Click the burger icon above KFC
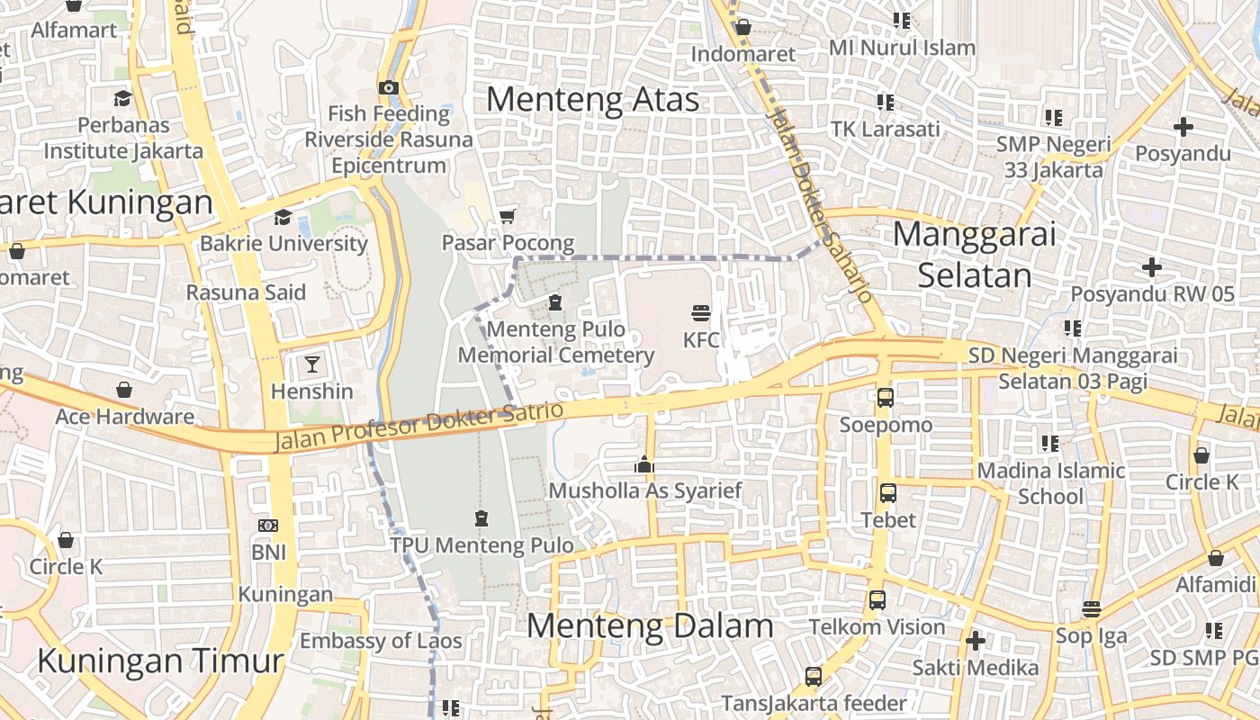pos(701,313)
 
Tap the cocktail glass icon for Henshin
pos(312,364)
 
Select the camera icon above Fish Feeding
pos(388,87)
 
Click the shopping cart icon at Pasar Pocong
pos(507,216)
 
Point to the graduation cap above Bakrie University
pos(283,217)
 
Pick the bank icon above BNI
pos(267,526)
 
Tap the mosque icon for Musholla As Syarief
pos(643,464)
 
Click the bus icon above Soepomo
pos(885,397)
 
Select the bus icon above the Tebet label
pos(888,493)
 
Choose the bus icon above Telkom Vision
pos(877,599)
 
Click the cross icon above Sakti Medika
pos(975,641)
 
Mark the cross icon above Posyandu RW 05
pos(1151,267)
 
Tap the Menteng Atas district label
pos(592,99)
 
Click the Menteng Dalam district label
pos(649,625)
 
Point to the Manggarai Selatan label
pos(974,254)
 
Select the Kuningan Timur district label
pos(160,661)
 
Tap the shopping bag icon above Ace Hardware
pos(124,390)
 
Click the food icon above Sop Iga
pos(1091,609)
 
